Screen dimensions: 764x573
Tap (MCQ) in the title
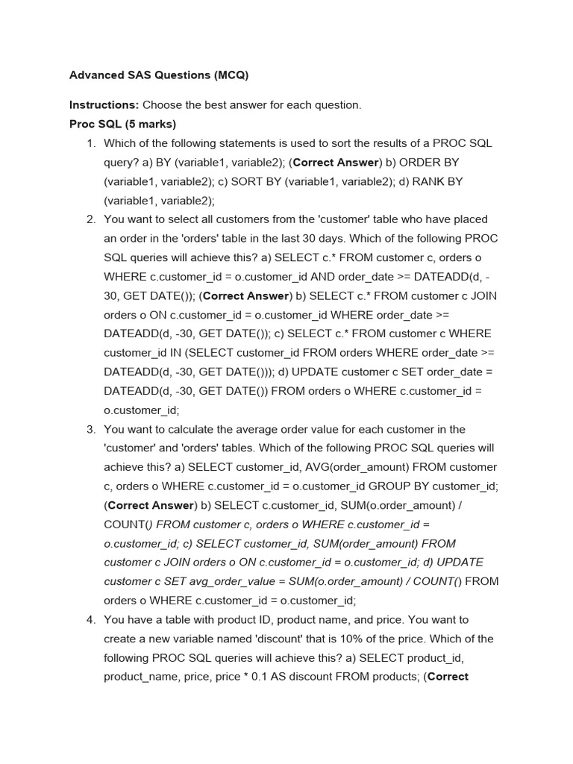click(x=231, y=75)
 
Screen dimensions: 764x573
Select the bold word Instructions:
click(x=104, y=105)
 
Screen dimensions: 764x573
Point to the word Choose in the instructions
click(x=162, y=105)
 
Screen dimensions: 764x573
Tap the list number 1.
click(x=90, y=143)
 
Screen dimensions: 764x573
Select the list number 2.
click(x=90, y=219)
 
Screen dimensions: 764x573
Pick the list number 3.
click(x=90, y=429)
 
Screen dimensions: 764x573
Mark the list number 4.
click(x=90, y=619)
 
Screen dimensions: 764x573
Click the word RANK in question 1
click(x=429, y=181)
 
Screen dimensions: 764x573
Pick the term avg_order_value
click(x=208, y=581)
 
